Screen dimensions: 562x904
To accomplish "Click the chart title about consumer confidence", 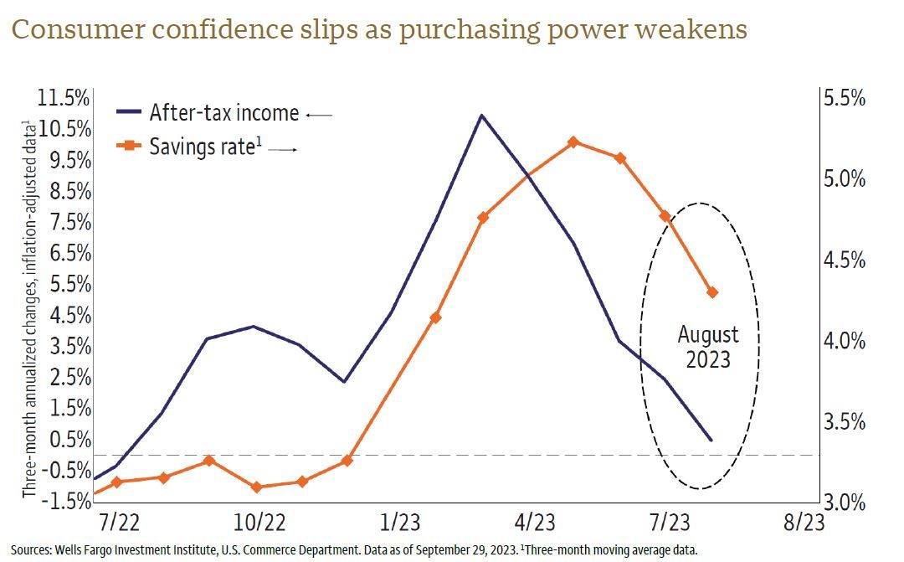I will [379, 29].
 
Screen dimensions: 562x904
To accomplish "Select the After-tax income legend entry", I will [223, 112].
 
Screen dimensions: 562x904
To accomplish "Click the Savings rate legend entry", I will [201, 147].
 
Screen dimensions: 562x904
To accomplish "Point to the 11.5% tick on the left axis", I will [64, 98].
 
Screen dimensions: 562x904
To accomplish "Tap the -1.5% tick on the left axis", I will [64, 501].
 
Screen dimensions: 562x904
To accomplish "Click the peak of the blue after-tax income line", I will [481, 115].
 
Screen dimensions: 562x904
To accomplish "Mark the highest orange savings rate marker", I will [573, 142].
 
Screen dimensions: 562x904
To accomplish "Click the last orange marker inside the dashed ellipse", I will [712, 292].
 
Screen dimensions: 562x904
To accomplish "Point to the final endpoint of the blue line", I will [711, 439].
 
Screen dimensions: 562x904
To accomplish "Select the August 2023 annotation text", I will [708, 347].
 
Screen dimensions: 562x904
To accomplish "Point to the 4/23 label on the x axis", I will [535, 523].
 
